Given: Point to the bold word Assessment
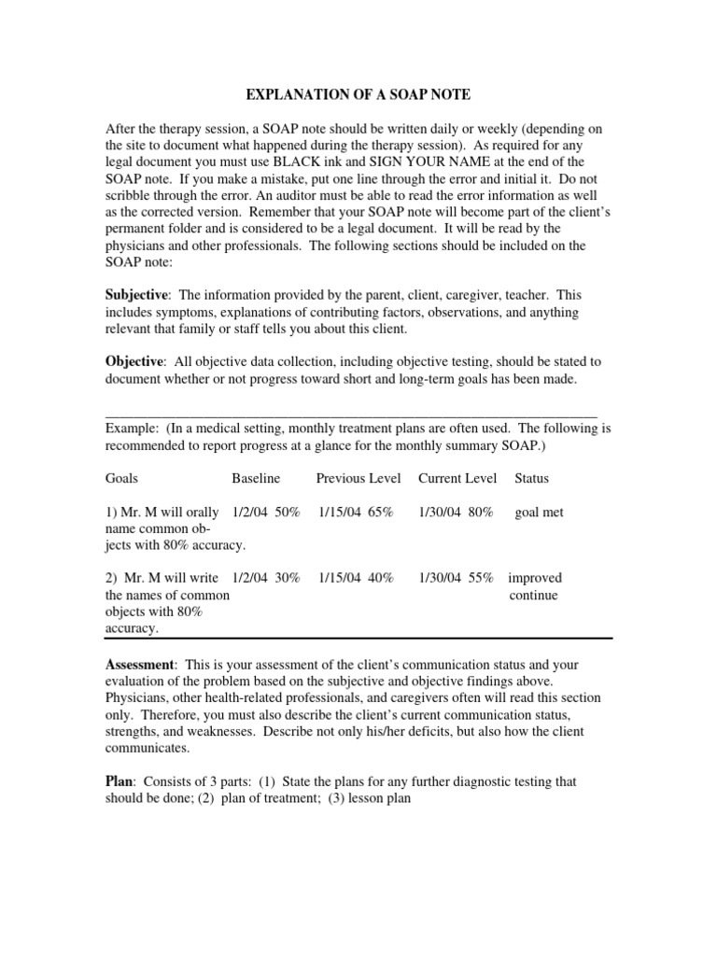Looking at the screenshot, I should [x=140, y=665].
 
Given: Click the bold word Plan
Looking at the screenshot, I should [x=119, y=780].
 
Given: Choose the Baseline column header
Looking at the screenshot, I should [x=256, y=479].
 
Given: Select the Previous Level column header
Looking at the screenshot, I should [x=358, y=479].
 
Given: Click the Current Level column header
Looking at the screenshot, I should [x=457, y=479].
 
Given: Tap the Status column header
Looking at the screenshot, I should [x=532, y=479].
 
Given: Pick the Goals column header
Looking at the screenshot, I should [x=122, y=479].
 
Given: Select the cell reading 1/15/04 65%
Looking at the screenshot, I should [x=356, y=513].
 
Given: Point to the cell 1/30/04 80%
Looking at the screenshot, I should [x=456, y=513].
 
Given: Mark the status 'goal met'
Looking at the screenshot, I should [x=540, y=513].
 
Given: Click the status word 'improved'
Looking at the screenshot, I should [x=535, y=578].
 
